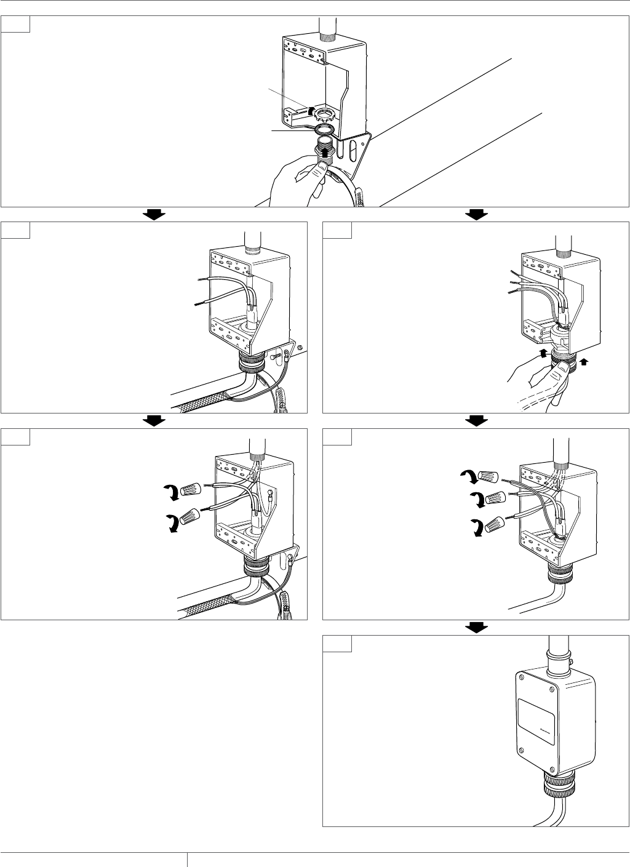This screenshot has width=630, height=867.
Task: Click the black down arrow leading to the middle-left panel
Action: click(x=154, y=214)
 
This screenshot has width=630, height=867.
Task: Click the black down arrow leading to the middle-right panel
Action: click(x=477, y=214)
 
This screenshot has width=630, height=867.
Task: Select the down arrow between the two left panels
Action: click(x=154, y=420)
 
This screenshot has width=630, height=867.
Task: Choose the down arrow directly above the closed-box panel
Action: click(x=477, y=627)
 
